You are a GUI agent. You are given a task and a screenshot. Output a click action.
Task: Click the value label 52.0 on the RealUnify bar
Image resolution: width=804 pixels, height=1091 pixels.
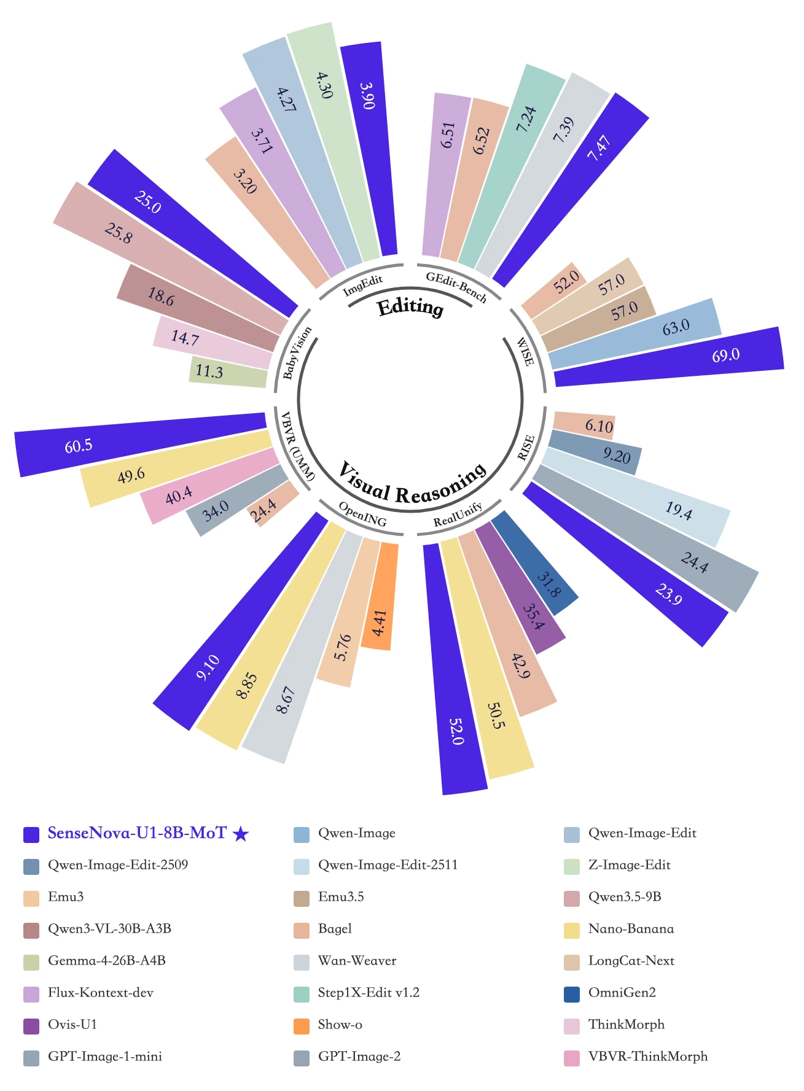click(x=456, y=731)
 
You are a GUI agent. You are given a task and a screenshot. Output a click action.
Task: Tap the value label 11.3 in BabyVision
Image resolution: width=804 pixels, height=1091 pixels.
click(x=209, y=371)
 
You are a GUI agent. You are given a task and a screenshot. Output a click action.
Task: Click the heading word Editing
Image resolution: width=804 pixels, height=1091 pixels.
click(x=410, y=307)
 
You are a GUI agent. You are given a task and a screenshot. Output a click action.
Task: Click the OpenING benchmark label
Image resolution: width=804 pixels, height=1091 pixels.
click(x=363, y=514)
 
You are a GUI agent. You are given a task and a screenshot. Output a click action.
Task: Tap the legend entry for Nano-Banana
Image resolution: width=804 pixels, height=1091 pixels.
click(x=631, y=928)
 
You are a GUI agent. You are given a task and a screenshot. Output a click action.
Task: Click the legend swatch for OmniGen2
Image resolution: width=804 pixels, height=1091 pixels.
click(x=572, y=993)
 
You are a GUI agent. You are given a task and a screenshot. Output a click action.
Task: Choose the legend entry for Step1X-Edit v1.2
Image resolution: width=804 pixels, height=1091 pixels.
click(x=369, y=992)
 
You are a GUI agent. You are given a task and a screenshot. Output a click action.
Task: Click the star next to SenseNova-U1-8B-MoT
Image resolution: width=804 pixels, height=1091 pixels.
click(x=241, y=834)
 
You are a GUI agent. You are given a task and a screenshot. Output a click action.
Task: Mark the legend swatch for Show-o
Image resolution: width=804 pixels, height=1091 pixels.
click(x=302, y=1025)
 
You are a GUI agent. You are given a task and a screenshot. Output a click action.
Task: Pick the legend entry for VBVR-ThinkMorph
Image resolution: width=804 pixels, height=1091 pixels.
click(x=647, y=1056)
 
